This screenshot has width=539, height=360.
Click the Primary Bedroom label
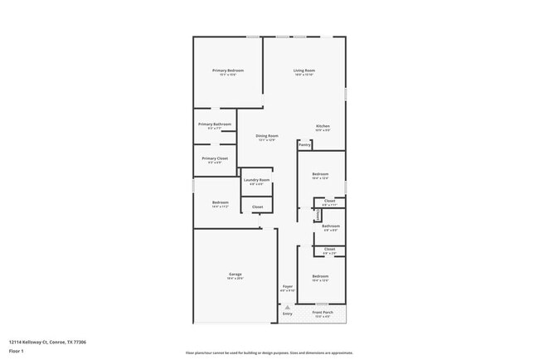point(228,71)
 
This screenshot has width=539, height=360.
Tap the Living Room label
point(304,71)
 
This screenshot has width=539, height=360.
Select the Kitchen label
point(323,126)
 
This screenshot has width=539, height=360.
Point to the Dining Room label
point(266,135)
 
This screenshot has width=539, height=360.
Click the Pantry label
point(304,144)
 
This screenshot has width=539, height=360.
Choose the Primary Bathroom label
point(214,124)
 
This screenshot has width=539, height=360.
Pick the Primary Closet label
point(214,158)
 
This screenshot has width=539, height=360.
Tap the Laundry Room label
point(256,180)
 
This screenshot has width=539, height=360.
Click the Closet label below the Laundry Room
point(257,207)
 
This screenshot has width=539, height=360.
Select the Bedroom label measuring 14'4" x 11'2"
point(220,202)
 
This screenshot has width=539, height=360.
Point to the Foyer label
point(287,286)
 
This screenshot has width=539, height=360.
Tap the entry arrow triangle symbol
point(288,307)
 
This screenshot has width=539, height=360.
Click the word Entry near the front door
point(288,314)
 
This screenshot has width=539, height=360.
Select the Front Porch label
point(322,313)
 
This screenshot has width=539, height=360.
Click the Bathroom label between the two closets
point(331,226)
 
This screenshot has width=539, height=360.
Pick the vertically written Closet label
point(318,214)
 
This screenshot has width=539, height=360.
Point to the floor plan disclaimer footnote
point(269,352)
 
